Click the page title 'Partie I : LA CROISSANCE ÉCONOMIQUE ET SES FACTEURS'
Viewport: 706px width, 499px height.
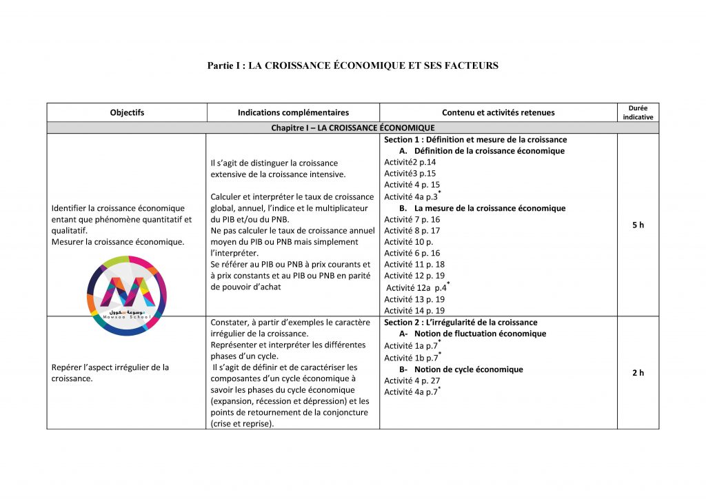click(x=352, y=65)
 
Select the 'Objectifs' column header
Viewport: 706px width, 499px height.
click(x=127, y=112)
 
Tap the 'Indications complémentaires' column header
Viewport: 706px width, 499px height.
click(x=293, y=112)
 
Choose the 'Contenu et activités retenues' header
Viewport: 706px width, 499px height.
click(x=498, y=112)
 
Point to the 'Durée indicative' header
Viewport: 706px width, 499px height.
click(x=638, y=112)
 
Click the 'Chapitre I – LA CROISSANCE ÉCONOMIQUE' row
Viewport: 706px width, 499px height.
click(x=352, y=128)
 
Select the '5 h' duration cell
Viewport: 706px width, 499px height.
click(x=638, y=225)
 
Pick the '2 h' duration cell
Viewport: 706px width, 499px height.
click(x=638, y=373)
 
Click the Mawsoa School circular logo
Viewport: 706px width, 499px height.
click(x=128, y=295)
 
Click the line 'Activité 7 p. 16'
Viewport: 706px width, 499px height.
click(x=412, y=219)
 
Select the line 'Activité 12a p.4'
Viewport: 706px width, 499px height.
click(x=416, y=287)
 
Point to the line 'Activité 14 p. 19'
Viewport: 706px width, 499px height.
click(x=414, y=311)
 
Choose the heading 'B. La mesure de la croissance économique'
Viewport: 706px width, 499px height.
click(x=481, y=208)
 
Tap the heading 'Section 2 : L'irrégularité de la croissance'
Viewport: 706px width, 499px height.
click(x=461, y=322)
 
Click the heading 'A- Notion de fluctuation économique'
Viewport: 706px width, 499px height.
click(x=472, y=334)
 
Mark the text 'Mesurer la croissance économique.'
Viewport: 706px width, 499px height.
click(x=118, y=242)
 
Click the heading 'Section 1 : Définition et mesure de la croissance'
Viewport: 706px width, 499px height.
click(x=475, y=139)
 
